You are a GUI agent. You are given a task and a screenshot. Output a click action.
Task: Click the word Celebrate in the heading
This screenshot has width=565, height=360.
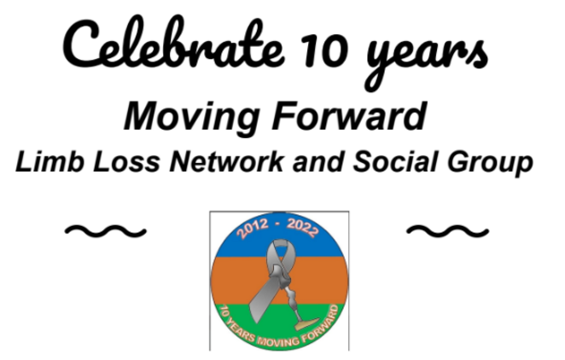pos(174,44)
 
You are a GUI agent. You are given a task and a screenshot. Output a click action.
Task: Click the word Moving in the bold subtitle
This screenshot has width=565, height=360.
pos(192,118)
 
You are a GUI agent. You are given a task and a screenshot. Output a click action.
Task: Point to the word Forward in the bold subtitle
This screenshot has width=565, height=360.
pos(350,116)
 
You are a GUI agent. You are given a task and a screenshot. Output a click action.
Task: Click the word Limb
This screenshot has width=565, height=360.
pos(50,161)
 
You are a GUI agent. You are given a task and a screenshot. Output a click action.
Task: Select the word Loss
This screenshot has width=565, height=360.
pos(126,161)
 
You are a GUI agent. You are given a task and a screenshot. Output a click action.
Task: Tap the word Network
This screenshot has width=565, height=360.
pos(226,161)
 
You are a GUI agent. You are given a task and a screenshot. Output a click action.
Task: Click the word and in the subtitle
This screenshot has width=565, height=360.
pos(318,161)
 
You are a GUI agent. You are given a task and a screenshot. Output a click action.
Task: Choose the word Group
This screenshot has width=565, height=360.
pos(490,164)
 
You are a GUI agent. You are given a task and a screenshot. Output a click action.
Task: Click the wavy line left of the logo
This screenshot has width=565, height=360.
pos(106,231)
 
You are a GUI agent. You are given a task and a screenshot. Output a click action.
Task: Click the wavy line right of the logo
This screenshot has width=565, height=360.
pos(447,231)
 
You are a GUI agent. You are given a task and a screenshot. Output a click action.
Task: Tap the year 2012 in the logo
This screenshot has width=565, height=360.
pos(253,229)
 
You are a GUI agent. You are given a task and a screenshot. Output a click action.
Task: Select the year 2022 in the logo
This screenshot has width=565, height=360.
pos(303,228)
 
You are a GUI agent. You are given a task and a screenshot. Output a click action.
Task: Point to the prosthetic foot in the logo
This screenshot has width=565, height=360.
pos(307,323)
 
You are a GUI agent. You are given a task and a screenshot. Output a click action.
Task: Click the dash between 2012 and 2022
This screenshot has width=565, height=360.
pos(277,224)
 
